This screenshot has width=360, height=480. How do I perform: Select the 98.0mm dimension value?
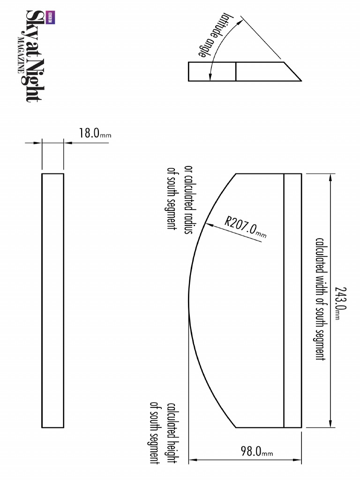256,452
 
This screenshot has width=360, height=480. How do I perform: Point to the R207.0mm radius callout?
245,227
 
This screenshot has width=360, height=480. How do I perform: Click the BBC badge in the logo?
49,17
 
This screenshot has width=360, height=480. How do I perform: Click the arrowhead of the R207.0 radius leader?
207,225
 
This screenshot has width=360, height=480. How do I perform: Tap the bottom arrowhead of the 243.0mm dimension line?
332,424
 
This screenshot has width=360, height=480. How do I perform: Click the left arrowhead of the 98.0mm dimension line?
192,460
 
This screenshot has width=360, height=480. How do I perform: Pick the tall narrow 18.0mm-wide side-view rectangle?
52,300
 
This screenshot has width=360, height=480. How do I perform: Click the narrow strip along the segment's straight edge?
292,300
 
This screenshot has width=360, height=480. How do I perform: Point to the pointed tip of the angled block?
300,80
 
